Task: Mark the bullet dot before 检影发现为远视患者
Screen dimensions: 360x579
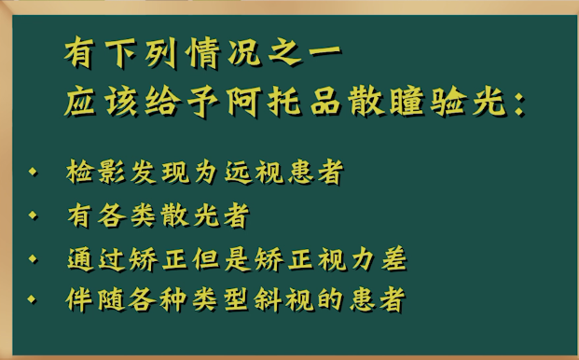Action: click(34, 173)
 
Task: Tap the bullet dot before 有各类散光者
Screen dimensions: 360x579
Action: click(34, 215)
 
